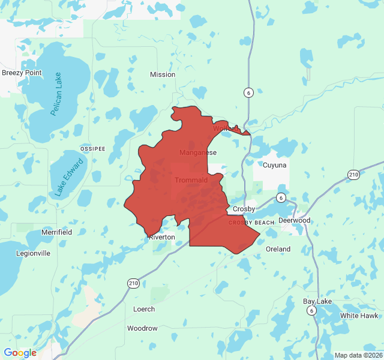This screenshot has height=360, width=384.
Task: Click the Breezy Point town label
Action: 22,73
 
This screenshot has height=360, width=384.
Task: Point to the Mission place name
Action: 163,74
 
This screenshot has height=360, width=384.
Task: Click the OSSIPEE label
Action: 92,148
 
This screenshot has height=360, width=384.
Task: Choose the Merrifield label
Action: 56,232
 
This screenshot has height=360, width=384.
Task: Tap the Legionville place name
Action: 33,253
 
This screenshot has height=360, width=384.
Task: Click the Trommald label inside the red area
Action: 191,180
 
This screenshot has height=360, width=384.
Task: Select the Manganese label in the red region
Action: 198,152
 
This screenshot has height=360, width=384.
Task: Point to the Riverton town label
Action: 162,237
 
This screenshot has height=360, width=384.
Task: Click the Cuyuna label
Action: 275,164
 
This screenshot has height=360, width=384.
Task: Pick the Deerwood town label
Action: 294,220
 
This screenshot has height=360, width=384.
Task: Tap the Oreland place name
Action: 278,249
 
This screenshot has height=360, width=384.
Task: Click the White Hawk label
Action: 359,316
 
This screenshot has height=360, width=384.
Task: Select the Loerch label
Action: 143,309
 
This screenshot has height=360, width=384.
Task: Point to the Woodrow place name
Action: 142,328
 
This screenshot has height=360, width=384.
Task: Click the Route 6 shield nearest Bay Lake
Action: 311,310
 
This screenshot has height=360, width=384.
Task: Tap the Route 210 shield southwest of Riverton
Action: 133,283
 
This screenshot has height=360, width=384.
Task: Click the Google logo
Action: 20,353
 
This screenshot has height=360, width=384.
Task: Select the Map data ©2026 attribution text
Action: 357,355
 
